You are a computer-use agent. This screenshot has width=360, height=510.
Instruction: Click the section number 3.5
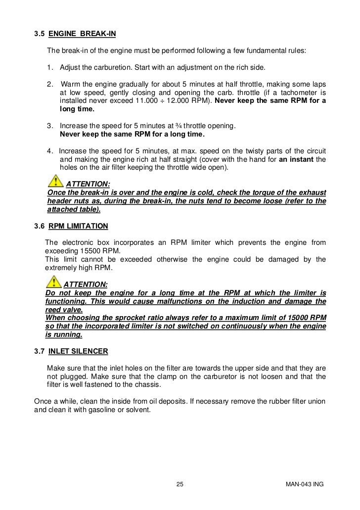click(x=39, y=35)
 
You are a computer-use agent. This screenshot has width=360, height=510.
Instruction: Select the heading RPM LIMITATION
click(x=78, y=226)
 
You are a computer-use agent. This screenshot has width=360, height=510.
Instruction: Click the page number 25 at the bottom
click(x=180, y=484)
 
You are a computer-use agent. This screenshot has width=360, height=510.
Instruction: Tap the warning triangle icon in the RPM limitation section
click(x=52, y=283)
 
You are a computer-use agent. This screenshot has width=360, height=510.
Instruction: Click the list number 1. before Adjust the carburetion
click(x=51, y=67)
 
